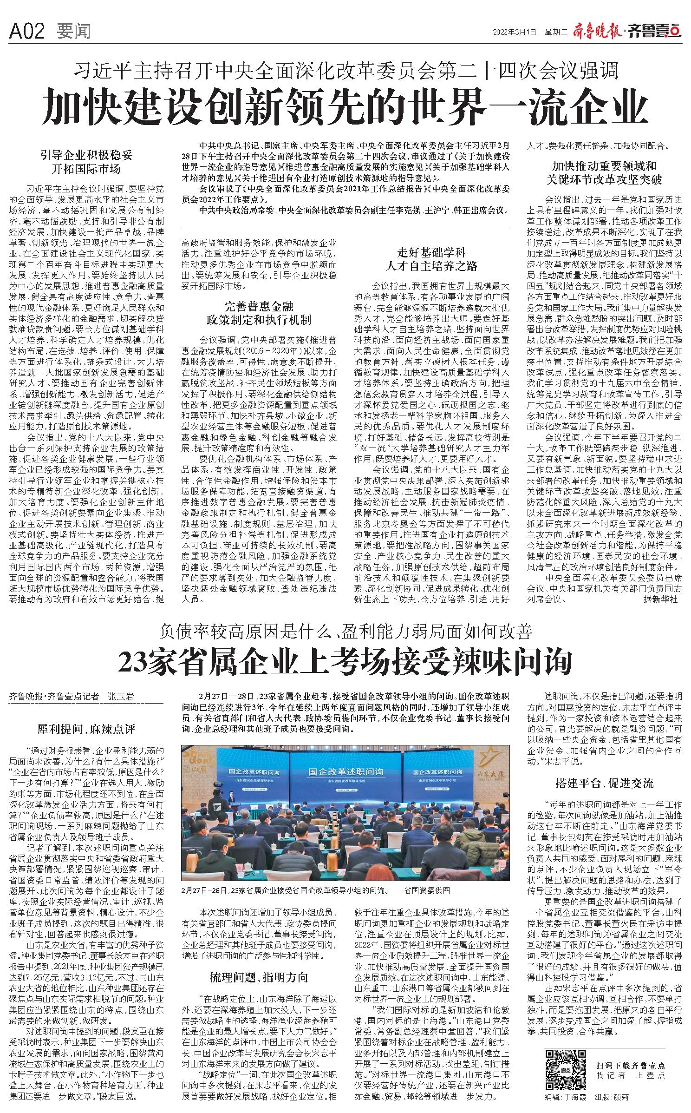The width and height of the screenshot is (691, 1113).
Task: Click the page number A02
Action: click(x=26, y=32)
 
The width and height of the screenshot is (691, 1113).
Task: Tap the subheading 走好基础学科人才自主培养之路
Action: click(x=431, y=259)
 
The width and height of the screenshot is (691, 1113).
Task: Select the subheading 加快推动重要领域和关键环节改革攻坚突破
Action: click(x=604, y=172)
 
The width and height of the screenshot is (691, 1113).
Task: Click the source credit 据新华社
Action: click(x=660, y=599)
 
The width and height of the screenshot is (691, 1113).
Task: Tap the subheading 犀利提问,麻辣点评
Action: click(x=86, y=729)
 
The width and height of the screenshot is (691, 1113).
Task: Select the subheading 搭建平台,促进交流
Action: click(x=604, y=784)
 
